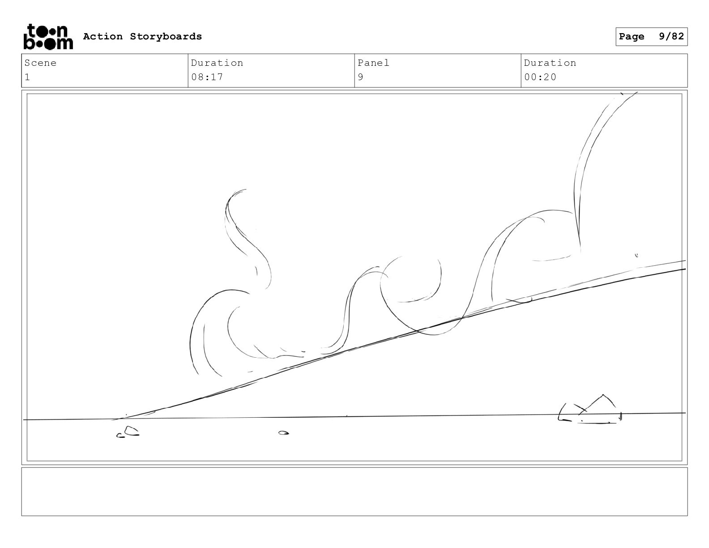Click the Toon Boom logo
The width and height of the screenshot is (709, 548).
48,37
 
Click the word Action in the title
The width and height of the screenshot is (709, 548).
103,36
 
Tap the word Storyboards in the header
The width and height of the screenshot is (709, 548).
166,36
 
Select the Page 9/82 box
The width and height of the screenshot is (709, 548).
651,37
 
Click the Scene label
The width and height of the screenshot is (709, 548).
40,63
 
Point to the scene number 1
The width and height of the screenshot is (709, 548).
27,77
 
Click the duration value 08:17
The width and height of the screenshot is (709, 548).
207,77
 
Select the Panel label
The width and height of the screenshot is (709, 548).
373,63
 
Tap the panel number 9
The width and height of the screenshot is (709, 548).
360,77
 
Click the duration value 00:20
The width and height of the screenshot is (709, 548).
540,77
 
